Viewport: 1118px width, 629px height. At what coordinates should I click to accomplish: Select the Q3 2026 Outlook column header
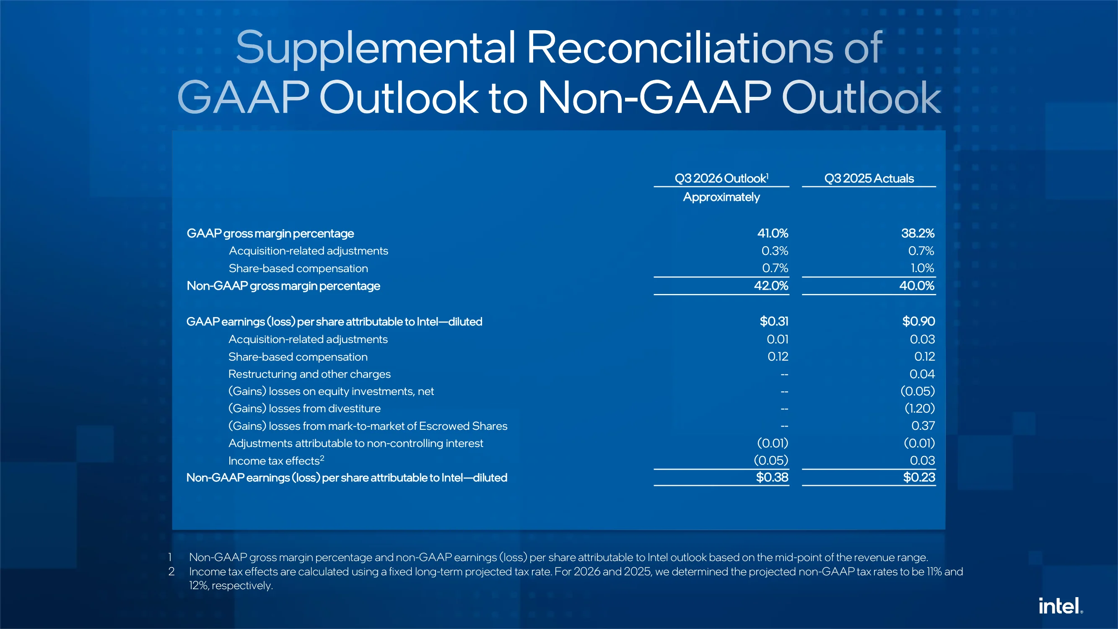(721, 178)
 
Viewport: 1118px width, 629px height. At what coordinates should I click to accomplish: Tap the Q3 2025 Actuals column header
(869, 178)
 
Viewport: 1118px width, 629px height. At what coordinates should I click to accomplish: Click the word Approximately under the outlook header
(721, 197)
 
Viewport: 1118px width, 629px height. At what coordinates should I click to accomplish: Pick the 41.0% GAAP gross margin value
(773, 233)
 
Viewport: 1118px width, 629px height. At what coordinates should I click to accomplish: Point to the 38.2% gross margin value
(918, 233)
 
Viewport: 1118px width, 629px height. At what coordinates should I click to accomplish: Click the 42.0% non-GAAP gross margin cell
(771, 286)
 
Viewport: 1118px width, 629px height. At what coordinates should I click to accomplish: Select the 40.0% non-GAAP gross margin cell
(917, 286)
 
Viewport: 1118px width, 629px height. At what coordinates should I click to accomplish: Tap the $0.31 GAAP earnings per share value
(774, 321)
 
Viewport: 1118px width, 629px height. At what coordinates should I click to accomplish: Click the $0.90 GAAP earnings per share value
(918, 321)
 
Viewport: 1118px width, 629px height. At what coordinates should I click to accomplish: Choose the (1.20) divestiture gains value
(920, 408)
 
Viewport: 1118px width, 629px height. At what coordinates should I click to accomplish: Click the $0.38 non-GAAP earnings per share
(772, 477)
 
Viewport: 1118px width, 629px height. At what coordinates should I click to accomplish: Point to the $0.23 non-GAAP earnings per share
(919, 477)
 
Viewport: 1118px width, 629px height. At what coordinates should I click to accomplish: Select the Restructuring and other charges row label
(309, 374)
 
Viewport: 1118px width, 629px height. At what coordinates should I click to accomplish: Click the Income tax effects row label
(276, 460)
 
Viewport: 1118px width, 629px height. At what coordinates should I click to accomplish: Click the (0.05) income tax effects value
(771, 460)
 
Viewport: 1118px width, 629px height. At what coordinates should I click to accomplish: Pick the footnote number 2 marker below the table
(171, 571)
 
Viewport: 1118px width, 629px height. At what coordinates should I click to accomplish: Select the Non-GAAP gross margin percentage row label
(283, 286)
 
